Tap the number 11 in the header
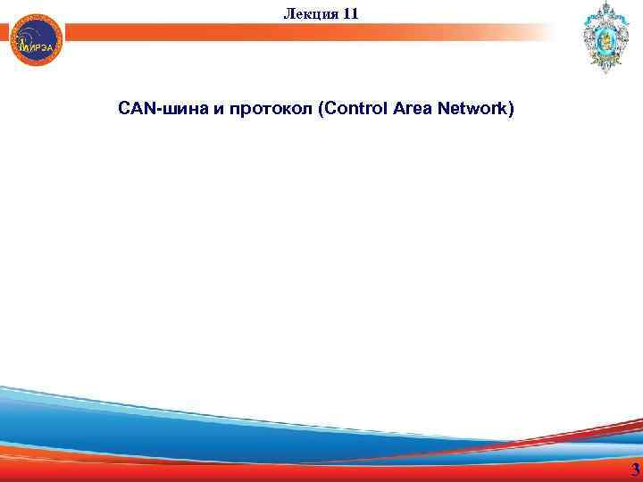tap(349, 12)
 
